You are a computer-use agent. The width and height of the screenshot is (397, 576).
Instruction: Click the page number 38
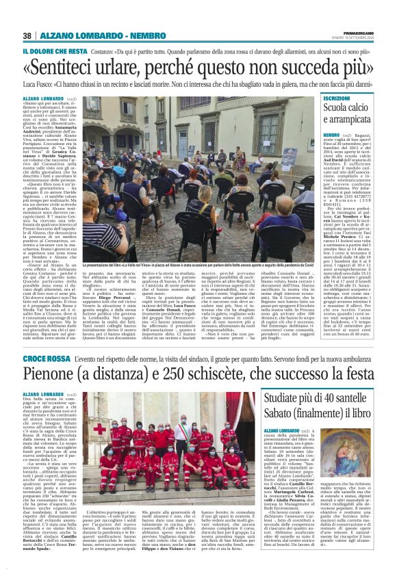27,36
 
